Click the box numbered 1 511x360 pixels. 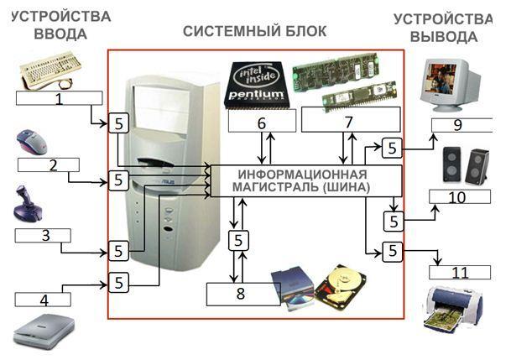point(59,98)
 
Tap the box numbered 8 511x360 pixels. point(243,295)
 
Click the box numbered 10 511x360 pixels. point(458,196)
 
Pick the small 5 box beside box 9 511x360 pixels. point(392,149)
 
